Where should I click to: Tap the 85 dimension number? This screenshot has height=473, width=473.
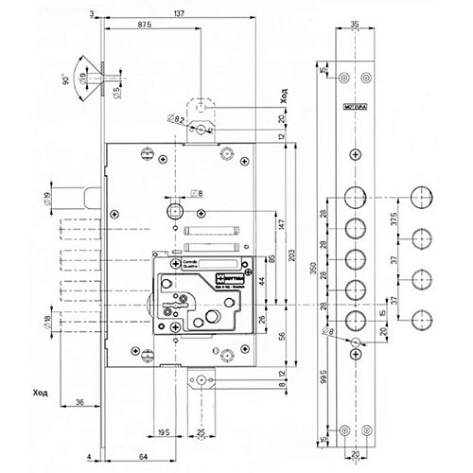click(x=271, y=255)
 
